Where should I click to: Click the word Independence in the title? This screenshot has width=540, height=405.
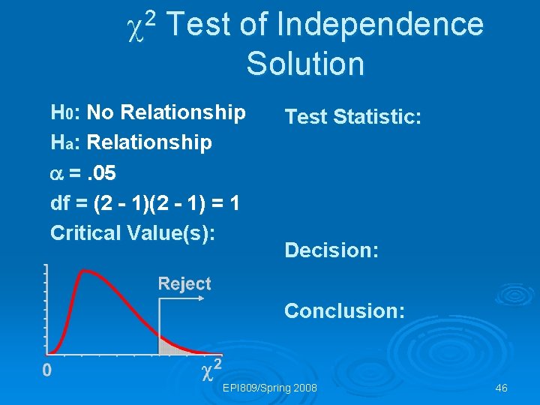[x=380, y=25]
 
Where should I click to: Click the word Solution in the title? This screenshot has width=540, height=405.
[x=305, y=64]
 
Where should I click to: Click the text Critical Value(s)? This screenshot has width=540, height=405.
[x=133, y=232]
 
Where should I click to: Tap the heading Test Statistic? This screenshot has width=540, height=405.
[x=352, y=117]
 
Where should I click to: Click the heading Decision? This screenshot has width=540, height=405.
[x=331, y=250]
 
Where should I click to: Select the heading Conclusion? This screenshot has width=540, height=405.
[x=344, y=310]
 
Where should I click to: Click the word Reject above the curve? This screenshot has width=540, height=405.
[x=184, y=283]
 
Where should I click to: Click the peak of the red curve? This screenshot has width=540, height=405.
[x=87, y=271]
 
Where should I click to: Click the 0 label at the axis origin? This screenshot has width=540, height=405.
[x=46, y=370]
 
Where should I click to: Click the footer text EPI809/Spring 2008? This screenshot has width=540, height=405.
[x=270, y=388]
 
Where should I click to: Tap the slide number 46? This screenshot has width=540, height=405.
[x=501, y=388]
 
